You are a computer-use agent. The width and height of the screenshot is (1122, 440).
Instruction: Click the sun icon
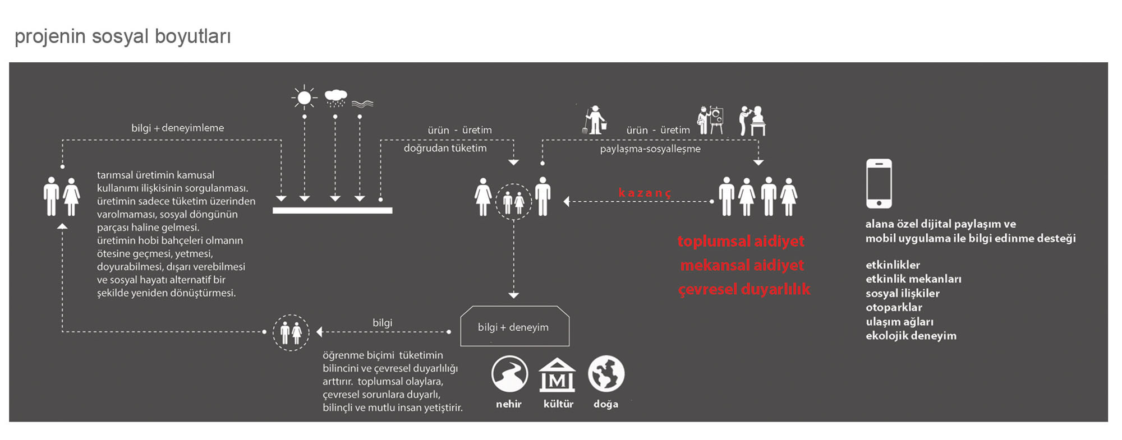click(304, 98)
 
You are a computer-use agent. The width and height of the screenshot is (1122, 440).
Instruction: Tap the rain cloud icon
click(335, 97)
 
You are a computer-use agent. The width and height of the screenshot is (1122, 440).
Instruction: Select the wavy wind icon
click(362, 104)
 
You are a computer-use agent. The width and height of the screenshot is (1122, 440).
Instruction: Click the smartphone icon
click(879, 183)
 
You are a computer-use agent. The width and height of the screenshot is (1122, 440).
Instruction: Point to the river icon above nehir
click(509, 374)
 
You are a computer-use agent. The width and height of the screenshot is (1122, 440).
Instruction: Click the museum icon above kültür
click(557, 375)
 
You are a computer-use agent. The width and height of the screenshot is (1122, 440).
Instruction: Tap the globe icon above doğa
click(606, 374)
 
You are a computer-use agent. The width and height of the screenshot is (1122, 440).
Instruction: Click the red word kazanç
click(645, 193)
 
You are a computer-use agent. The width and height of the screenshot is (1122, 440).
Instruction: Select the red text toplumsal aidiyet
click(741, 241)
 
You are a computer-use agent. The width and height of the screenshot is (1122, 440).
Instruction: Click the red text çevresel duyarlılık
click(744, 289)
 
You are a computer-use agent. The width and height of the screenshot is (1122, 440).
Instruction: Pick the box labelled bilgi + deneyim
click(514, 327)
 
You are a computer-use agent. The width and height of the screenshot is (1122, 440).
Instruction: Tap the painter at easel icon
click(710, 120)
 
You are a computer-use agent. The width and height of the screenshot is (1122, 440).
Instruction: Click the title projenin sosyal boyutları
click(123, 36)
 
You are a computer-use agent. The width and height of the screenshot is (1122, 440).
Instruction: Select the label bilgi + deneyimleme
click(177, 128)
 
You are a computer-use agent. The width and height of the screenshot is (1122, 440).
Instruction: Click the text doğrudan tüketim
click(445, 148)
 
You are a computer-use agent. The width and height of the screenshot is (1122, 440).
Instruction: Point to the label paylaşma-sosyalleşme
click(650, 149)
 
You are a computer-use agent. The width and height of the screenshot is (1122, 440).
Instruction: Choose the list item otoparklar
click(894, 307)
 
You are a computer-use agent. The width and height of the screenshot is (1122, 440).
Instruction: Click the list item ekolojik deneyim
click(911, 336)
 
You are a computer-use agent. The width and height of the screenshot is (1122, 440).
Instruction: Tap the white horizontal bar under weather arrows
click(332, 210)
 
